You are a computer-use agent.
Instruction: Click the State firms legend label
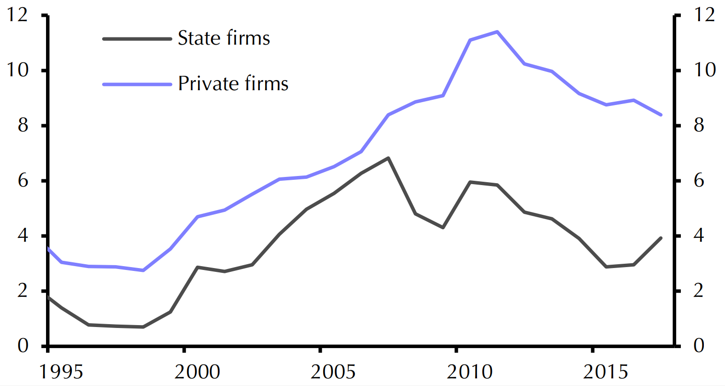pos(224,38)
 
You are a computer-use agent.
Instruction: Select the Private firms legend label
pos(233,84)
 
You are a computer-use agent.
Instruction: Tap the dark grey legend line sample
pos(137,38)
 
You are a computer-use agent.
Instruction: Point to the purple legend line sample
pos(137,84)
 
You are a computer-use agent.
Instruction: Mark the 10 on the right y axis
pos(699,71)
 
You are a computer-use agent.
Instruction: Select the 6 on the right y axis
pos(693,181)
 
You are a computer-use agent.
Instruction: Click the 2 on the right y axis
pos(693,291)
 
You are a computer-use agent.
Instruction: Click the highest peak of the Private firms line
pos(497,32)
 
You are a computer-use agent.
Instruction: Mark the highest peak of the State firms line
pos(388,158)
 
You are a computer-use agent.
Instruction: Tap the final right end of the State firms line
pos(661,238)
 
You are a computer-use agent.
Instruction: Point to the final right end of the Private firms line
pos(661,115)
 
